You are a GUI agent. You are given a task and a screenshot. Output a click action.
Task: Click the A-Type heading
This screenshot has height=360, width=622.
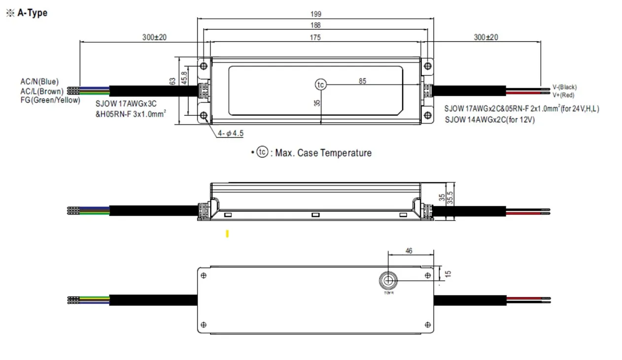tap(32, 13)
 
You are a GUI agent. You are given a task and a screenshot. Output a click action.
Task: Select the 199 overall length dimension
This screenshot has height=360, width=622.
tap(315, 14)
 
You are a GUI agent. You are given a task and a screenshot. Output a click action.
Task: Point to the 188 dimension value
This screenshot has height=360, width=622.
tap(315, 26)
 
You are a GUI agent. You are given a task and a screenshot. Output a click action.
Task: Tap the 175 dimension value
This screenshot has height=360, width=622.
tap(315, 37)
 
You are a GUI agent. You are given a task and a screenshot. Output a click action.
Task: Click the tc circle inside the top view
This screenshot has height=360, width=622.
tap(321, 85)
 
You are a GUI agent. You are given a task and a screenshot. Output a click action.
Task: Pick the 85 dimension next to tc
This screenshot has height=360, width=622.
tap(362, 81)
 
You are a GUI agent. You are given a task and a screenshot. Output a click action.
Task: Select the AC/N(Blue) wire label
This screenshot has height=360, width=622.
tap(39, 82)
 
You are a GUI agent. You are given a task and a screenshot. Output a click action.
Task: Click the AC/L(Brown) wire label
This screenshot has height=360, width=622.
tap(42, 91)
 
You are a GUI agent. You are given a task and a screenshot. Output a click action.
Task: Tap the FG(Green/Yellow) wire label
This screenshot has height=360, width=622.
tap(50, 100)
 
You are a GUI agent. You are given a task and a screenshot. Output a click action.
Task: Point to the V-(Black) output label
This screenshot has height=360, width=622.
tap(564, 87)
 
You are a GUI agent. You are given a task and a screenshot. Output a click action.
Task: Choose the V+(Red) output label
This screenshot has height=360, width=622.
tap(563, 95)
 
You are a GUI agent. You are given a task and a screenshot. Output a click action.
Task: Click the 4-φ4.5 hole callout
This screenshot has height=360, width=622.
tap(231, 133)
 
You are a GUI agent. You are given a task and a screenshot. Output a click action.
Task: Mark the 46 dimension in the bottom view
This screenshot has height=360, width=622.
tap(409, 251)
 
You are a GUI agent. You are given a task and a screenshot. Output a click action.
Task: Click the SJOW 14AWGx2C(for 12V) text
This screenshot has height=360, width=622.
tap(489, 120)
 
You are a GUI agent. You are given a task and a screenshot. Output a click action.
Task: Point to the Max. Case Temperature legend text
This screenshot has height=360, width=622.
tap(323, 153)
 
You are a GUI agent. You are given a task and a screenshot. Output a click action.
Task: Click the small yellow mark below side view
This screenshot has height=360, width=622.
tap(227, 234)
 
